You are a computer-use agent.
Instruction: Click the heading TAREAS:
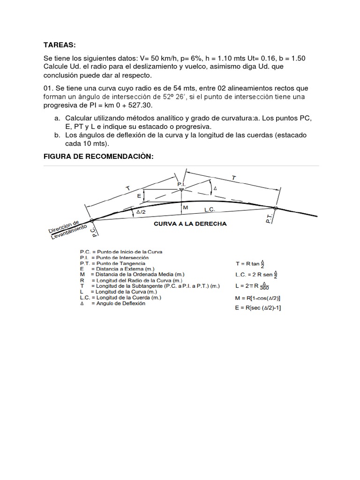59,45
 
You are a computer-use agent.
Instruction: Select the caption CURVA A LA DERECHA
190,224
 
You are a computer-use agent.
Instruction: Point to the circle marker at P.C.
91,220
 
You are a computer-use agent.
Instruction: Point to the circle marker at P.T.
275,208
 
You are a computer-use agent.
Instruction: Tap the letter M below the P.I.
185,207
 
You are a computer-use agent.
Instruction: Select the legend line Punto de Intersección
114,258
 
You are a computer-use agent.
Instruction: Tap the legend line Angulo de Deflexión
112,303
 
